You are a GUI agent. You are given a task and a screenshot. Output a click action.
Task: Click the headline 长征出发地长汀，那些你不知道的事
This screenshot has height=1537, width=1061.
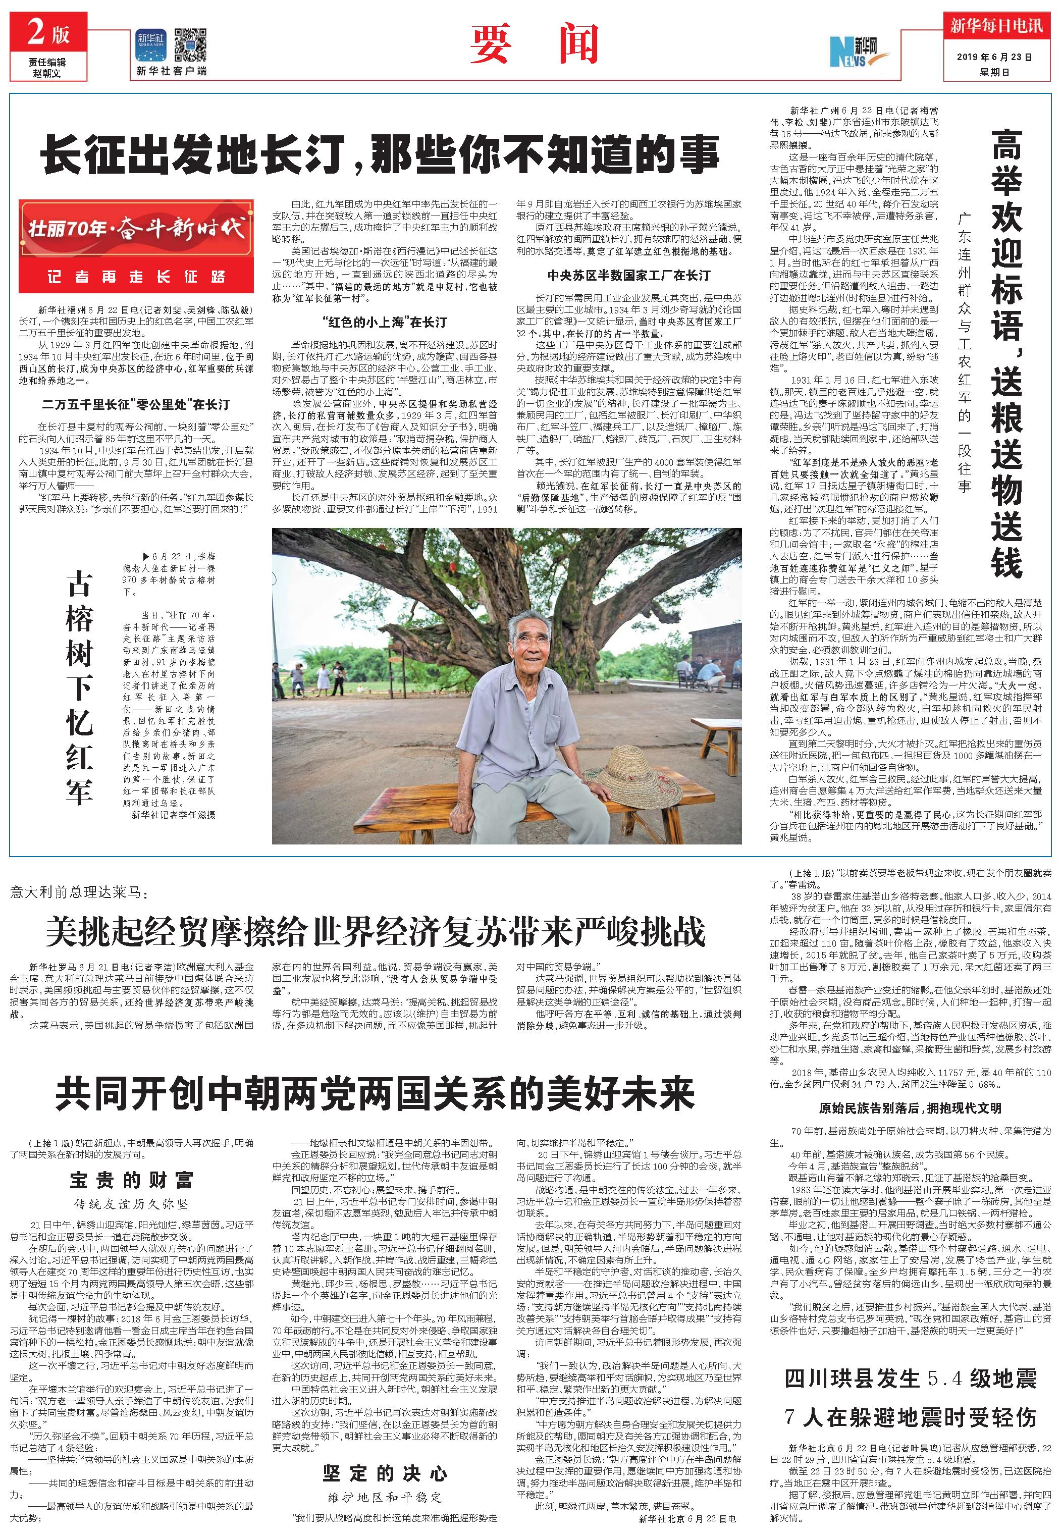coord(380,154)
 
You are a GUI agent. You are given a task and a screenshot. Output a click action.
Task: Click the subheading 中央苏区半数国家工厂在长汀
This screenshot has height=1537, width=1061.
coord(628,275)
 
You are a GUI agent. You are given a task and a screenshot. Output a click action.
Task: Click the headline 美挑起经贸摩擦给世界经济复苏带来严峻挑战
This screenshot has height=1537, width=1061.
coord(375,931)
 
